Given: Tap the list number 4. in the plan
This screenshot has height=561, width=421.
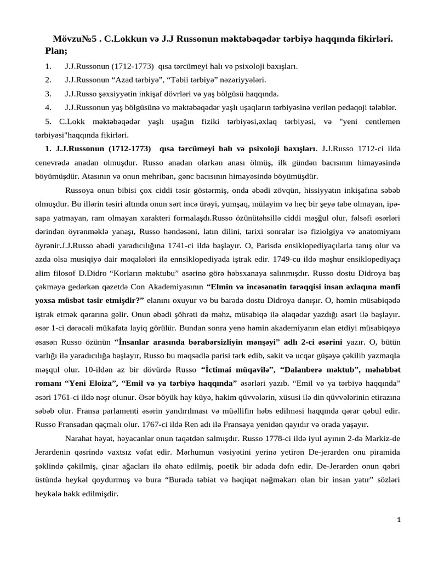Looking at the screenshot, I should [48, 107].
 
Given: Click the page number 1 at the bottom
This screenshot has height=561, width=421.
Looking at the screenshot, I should [399, 534].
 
